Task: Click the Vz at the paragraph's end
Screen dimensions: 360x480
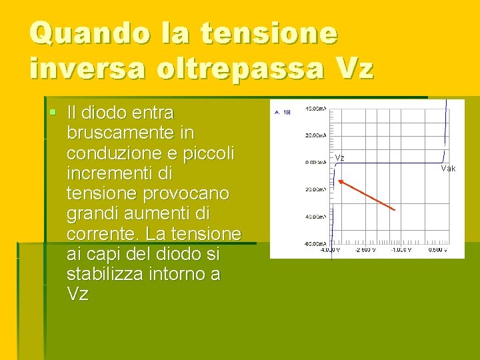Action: pos(77,294)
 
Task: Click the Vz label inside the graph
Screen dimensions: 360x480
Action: pos(339,158)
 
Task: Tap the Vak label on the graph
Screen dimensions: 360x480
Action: pos(448,169)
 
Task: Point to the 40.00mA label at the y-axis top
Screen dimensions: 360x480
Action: pos(315,108)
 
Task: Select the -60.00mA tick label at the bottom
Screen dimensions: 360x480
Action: pos(315,244)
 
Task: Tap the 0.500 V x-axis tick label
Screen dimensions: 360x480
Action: pos(437,250)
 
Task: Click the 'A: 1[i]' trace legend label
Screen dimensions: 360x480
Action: pos(282,112)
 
